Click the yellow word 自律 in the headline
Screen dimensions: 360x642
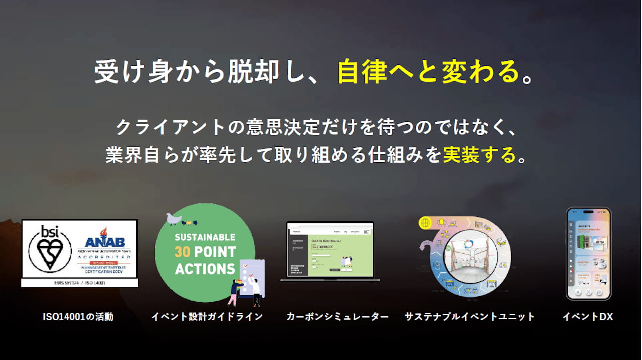tap(362, 72)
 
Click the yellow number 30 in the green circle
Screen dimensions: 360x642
tap(182, 252)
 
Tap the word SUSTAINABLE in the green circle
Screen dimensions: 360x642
tap(205, 237)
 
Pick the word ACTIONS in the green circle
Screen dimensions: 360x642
tap(205, 268)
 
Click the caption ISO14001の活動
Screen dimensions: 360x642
tap(78, 317)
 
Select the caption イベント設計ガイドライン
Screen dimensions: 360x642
tap(207, 317)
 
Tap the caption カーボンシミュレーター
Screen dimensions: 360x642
tap(338, 317)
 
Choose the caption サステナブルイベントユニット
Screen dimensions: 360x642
tap(469, 317)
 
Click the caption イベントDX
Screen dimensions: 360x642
tap(587, 317)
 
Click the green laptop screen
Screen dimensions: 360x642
tap(331, 250)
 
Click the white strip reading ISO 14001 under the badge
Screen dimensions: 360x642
tap(79, 283)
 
